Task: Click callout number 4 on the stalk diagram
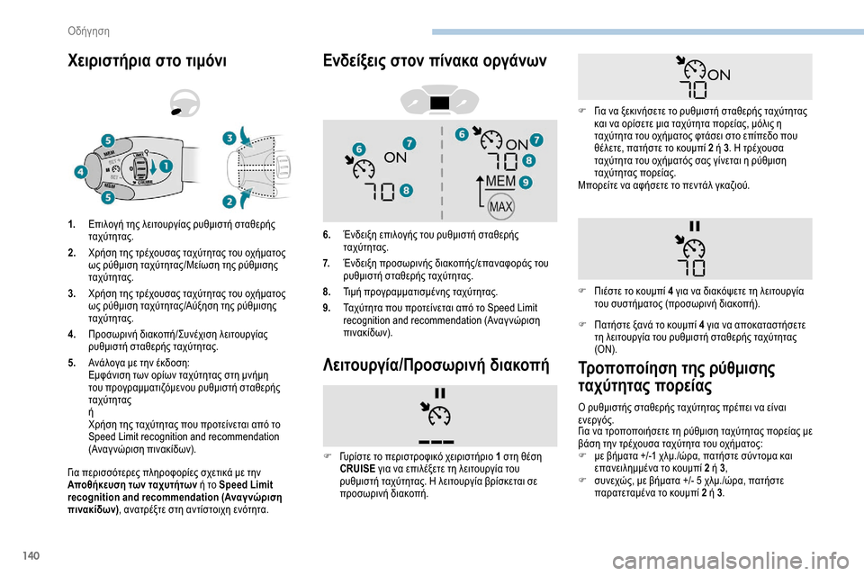click(x=81, y=171)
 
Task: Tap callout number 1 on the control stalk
click(x=166, y=166)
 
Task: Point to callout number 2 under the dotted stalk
click(x=230, y=201)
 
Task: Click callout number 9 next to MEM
click(x=525, y=182)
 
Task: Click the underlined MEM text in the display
click(x=499, y=183)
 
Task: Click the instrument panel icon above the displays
click(x=440, y=101)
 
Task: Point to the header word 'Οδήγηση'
click(x=89, y=31)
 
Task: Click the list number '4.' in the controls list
click(x=72, y=332)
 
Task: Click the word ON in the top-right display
click(x=719, y=75)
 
